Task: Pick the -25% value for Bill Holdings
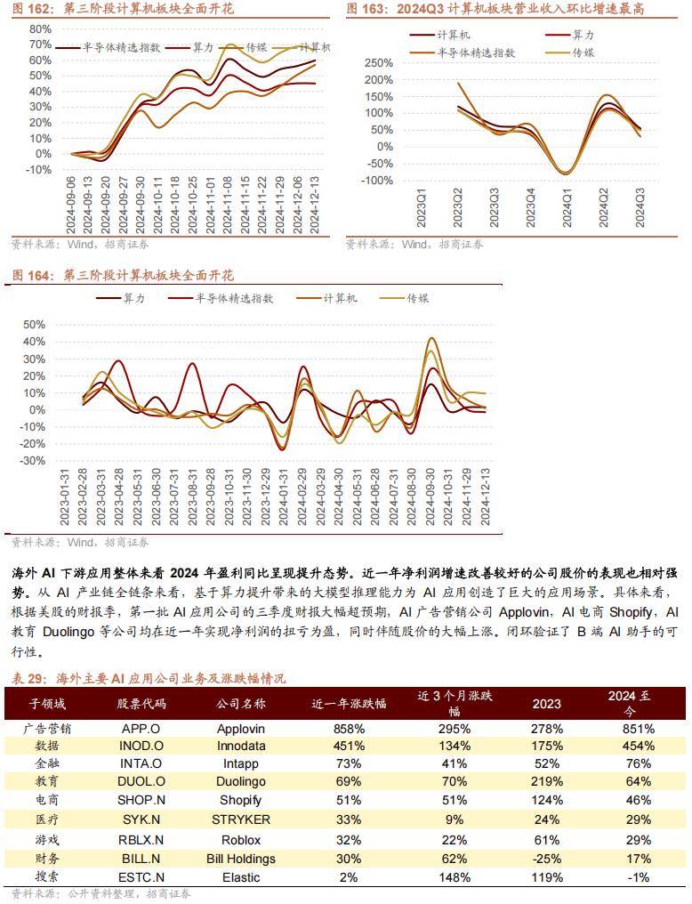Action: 546,859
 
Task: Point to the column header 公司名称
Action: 240,703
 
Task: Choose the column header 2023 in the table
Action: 546,703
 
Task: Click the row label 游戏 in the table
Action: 47,840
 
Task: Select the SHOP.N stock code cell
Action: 141,800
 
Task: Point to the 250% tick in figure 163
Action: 381,63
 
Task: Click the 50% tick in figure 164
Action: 33,326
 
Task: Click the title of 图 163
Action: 495,9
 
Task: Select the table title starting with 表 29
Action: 149,678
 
